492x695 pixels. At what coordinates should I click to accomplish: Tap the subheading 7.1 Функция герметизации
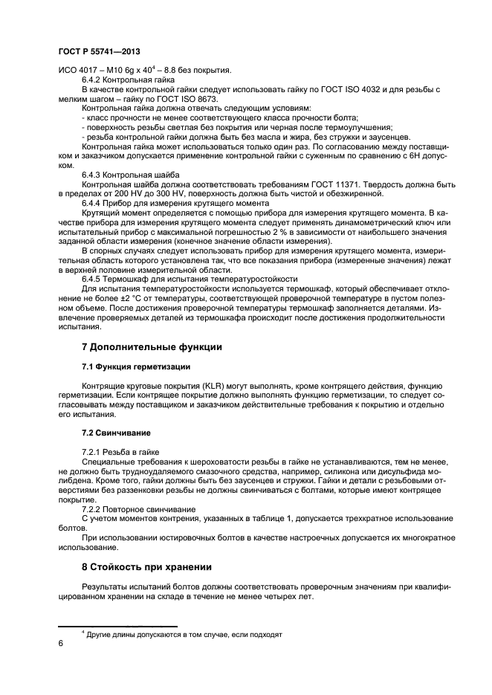click(x=136, y=367)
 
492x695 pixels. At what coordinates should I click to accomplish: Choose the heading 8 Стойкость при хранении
click(x=146, y=567)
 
